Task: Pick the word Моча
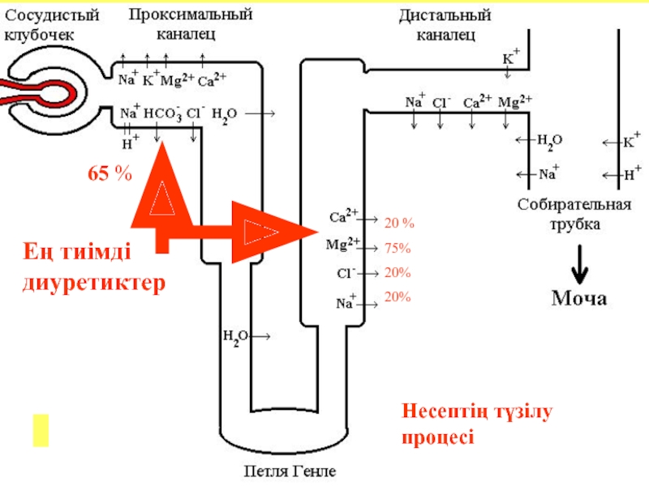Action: pos(579,299)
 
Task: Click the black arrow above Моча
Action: pos(579,262)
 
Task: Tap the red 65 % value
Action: pos(110,173)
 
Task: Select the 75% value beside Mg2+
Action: pos(398,248)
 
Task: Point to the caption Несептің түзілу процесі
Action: pos(476,425)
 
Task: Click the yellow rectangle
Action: pos(41,429)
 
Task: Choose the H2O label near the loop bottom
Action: pos(236,335)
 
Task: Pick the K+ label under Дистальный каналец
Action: pos(510,59)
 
